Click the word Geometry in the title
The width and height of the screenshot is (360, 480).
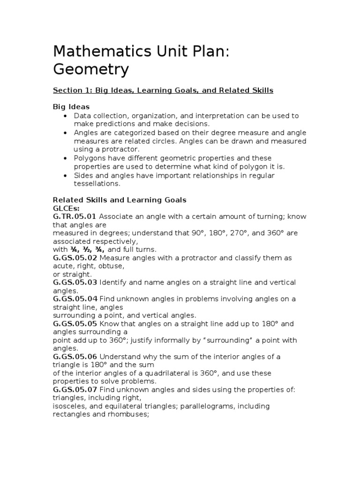coord(90,69)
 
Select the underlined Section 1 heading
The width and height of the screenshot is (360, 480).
coord(163,90)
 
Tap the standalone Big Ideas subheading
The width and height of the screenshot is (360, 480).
coord(71,107)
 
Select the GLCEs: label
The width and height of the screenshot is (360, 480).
coord(66,208)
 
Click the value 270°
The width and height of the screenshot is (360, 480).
coord(245,233)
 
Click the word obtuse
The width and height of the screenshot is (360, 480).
coord(112,266)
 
